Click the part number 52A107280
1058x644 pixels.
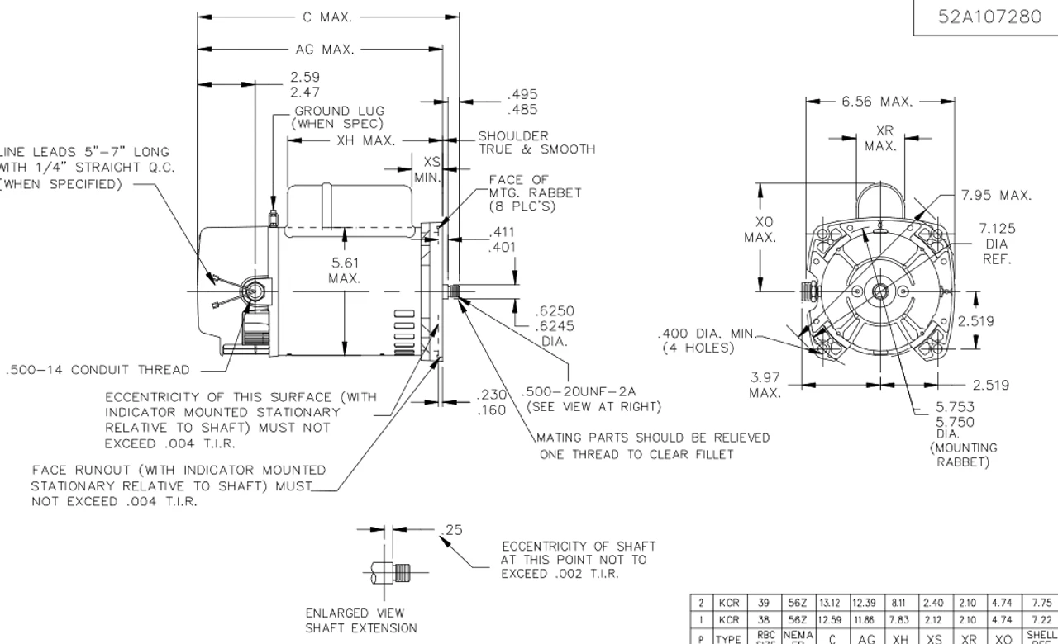[989, 17]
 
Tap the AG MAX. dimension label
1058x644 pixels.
[325, 50]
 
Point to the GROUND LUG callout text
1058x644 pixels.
[339, 117]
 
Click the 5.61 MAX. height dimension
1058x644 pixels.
[345, 271]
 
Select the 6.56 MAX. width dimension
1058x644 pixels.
[877, 102]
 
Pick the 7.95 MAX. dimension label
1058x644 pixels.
[996, 196]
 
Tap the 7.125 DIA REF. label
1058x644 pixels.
[997, 244]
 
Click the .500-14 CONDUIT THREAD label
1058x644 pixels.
[98, 370]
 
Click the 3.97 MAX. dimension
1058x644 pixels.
[765, 385]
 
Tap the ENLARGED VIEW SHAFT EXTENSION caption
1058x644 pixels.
[361, 621]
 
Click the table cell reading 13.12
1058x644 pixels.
[832, 603]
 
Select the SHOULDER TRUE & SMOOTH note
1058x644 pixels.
[536, 143]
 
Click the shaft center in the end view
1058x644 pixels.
[881, 291]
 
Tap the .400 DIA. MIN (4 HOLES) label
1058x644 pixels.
[707, 341]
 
